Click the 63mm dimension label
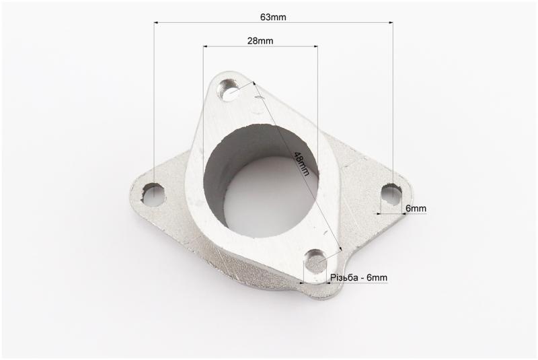point(273,17)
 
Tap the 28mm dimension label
point(260,41)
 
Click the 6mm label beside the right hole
point(416,209)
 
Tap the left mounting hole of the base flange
point(153,194)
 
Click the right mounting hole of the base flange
point(392,194)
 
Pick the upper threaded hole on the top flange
point(229,90)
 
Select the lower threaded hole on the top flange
point(315,262)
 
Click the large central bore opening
point(261,181)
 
